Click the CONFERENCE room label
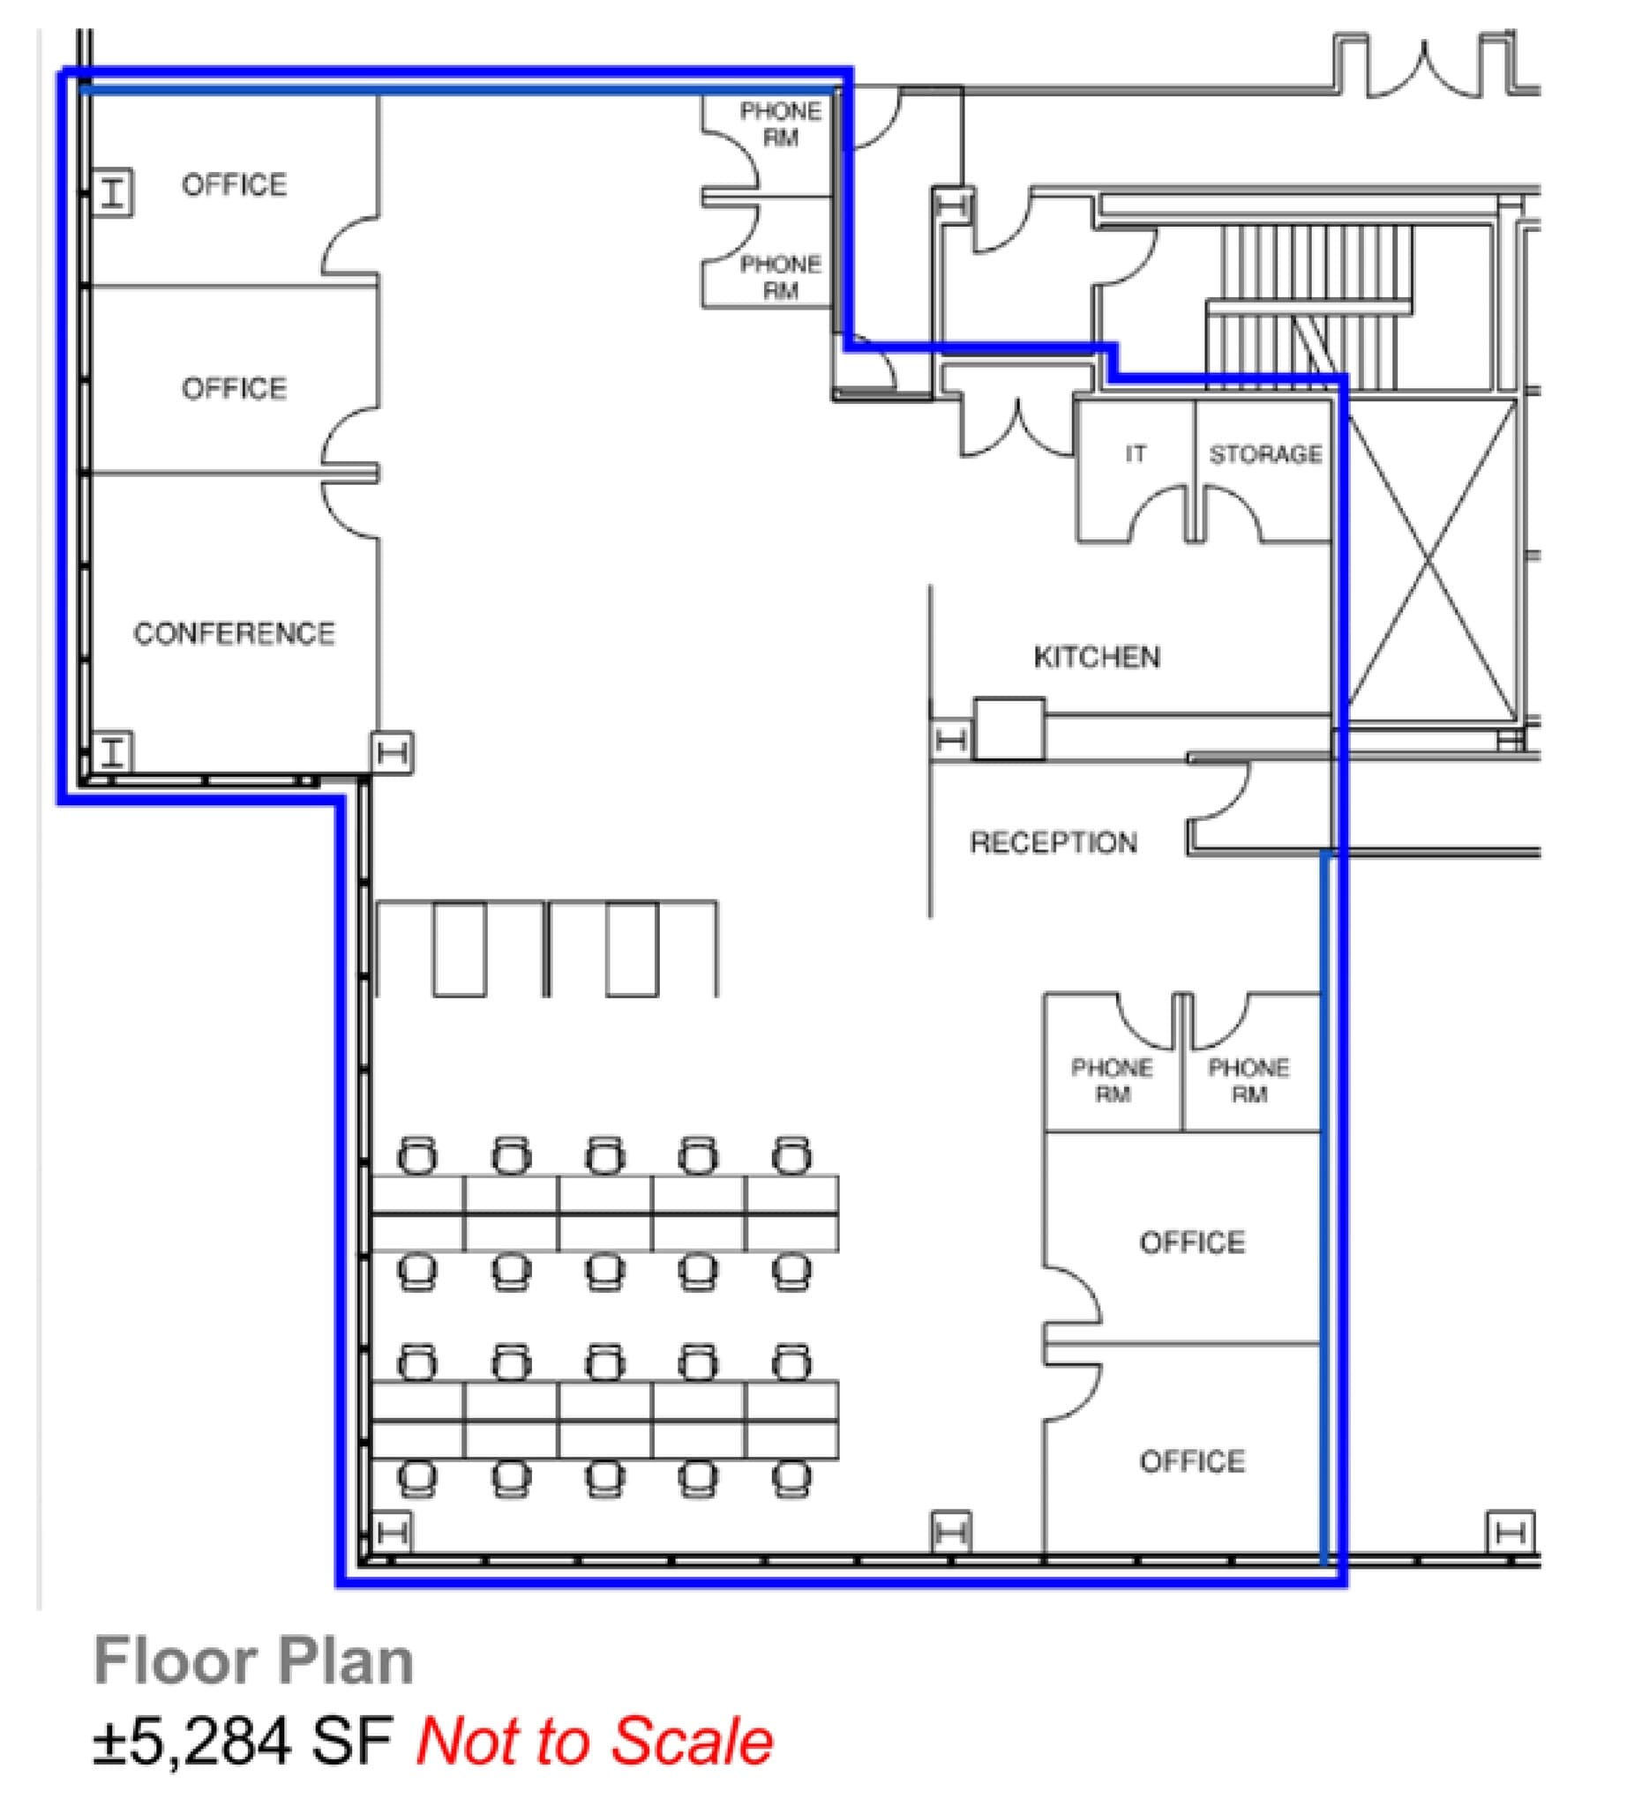234,633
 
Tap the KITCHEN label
1097,657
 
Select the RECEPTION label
1053,842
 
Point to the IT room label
1136,454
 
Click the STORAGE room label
1265,454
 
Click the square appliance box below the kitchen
1008,728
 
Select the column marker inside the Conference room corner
113,751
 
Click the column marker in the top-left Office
113,192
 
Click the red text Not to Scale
595,1743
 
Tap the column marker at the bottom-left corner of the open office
392,1534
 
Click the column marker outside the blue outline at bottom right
1510,1534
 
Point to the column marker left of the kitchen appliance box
950,740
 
